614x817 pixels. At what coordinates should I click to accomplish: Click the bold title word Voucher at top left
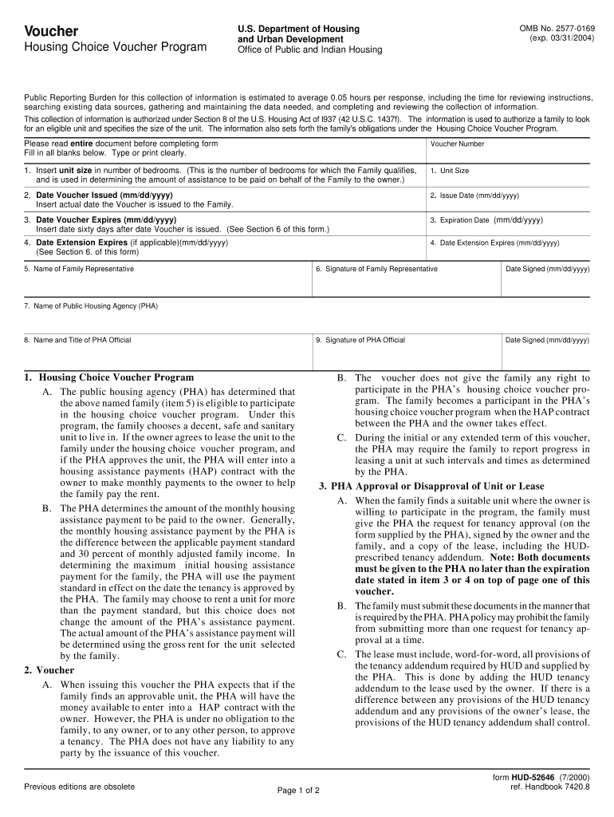click(51, 31)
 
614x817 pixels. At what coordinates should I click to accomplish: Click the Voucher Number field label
click(457, 144)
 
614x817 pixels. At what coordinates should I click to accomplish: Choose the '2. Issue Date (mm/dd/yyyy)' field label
click(474, 195)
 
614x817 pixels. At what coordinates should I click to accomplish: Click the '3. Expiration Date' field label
click(459, 220)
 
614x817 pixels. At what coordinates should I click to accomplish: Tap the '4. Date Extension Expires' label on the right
click(494, 243)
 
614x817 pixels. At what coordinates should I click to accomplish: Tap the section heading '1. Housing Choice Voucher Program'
click(108, 377)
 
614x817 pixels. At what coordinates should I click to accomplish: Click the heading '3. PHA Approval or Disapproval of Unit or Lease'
click(431, 486)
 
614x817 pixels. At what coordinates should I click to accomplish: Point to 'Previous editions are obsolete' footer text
click(79, 787)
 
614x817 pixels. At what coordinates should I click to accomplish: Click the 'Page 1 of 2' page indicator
click(298, 791)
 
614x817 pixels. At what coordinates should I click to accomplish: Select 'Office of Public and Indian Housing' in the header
click(309, 49)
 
